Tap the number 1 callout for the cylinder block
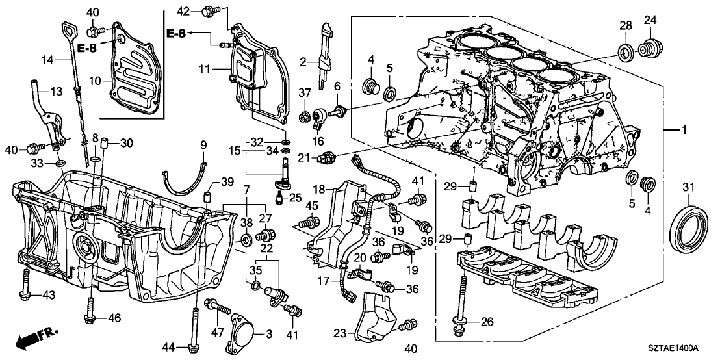pos(682,131)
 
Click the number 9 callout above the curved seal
pos(203,144)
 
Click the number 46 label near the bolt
pos(114,318)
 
